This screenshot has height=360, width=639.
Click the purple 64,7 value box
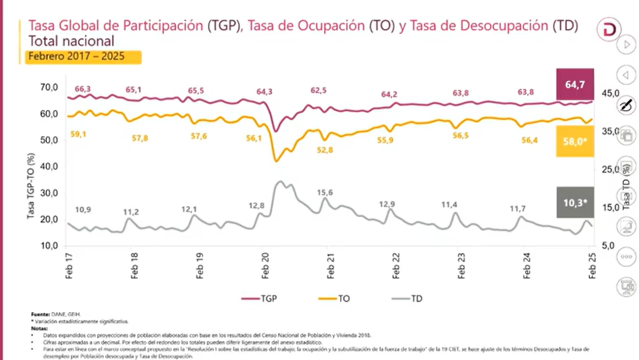(x=575, y=84)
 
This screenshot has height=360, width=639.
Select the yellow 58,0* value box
(x=575, y=141)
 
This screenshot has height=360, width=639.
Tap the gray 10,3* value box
(x=575, y=202)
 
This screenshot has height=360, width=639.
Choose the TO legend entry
(x=334, y=298)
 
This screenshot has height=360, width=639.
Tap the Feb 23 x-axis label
(x=461, y=266)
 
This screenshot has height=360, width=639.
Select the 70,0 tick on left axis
(x=49, y=88)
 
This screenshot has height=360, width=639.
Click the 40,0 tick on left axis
(x=49, y=167)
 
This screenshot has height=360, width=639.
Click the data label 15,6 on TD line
(x=325, y=193)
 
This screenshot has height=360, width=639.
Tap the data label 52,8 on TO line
(x=325, y=150)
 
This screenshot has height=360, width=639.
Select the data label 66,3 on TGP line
(x=83, y=89)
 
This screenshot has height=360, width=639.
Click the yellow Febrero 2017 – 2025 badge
(x=83, y=57)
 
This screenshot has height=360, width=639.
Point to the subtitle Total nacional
(x=71, y=41)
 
